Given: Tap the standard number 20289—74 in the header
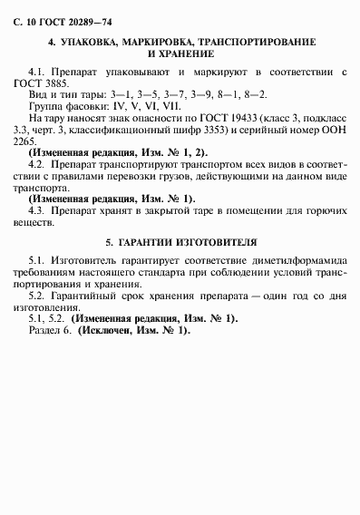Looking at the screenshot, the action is click(76, 19).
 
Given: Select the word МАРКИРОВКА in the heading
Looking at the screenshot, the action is click(167, 43).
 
